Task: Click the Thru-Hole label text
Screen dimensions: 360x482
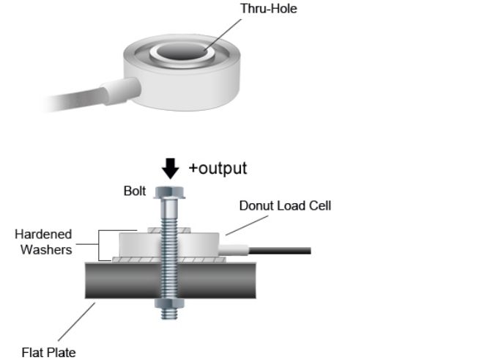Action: (268, 10)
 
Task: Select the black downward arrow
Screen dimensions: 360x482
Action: (170, 169)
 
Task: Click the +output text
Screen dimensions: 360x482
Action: (218, 168)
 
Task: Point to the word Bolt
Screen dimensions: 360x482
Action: (135, 192)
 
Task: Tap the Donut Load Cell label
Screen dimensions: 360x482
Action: (285, 206)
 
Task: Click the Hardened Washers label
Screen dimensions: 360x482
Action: (43, 241)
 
